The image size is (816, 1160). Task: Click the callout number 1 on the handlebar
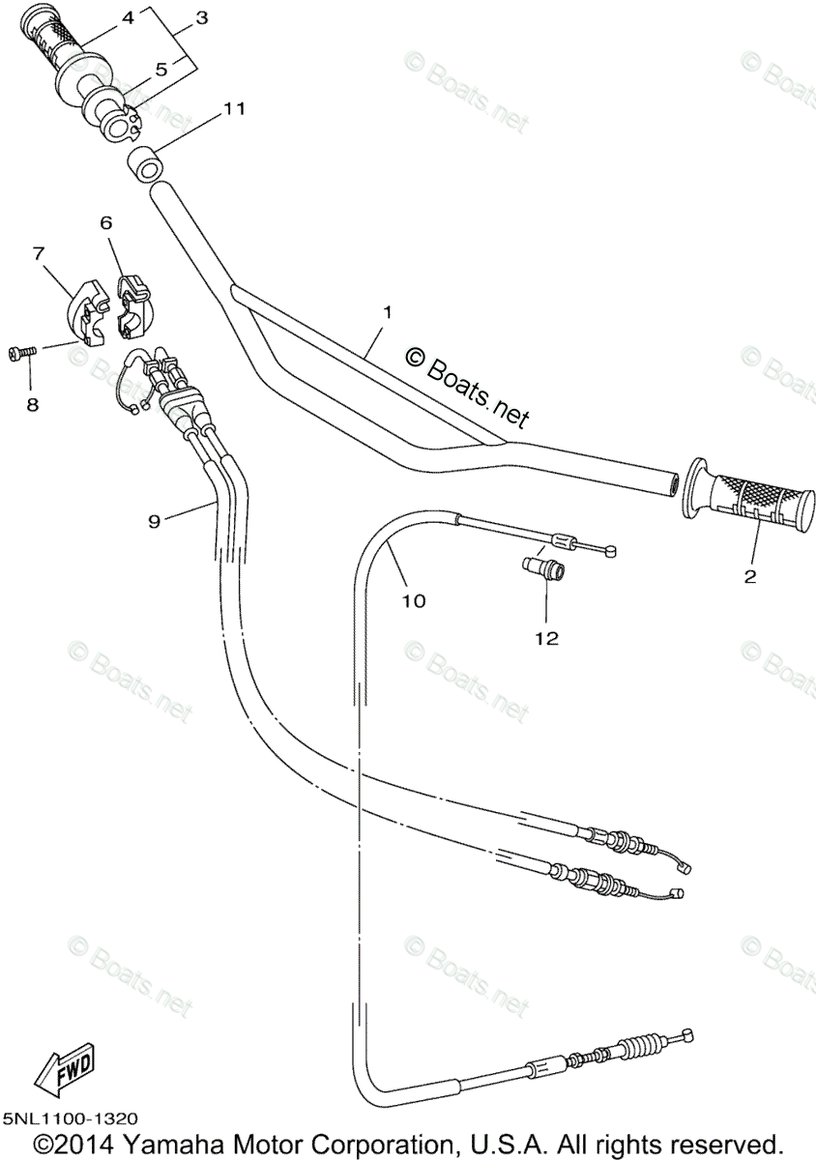click(x=387, y=312)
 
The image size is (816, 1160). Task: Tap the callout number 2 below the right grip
click(x=749, y=577)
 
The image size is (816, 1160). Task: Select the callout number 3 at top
click(x=201, y=17)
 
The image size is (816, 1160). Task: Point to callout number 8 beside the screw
click(x=32, y=405)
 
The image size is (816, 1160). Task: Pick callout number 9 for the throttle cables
click(x=154, y=520)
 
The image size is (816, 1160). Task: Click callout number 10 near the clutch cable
click(x=413, y=600)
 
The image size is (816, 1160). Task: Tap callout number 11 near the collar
click(x=233, y=109)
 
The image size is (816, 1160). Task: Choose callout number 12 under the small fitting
click(x=546, y=638)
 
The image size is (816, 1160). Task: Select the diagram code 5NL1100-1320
click(x=70, y=1118)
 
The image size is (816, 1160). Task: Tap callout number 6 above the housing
click(x=106, y=222)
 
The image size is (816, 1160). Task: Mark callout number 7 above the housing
click(x=39, y=253)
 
